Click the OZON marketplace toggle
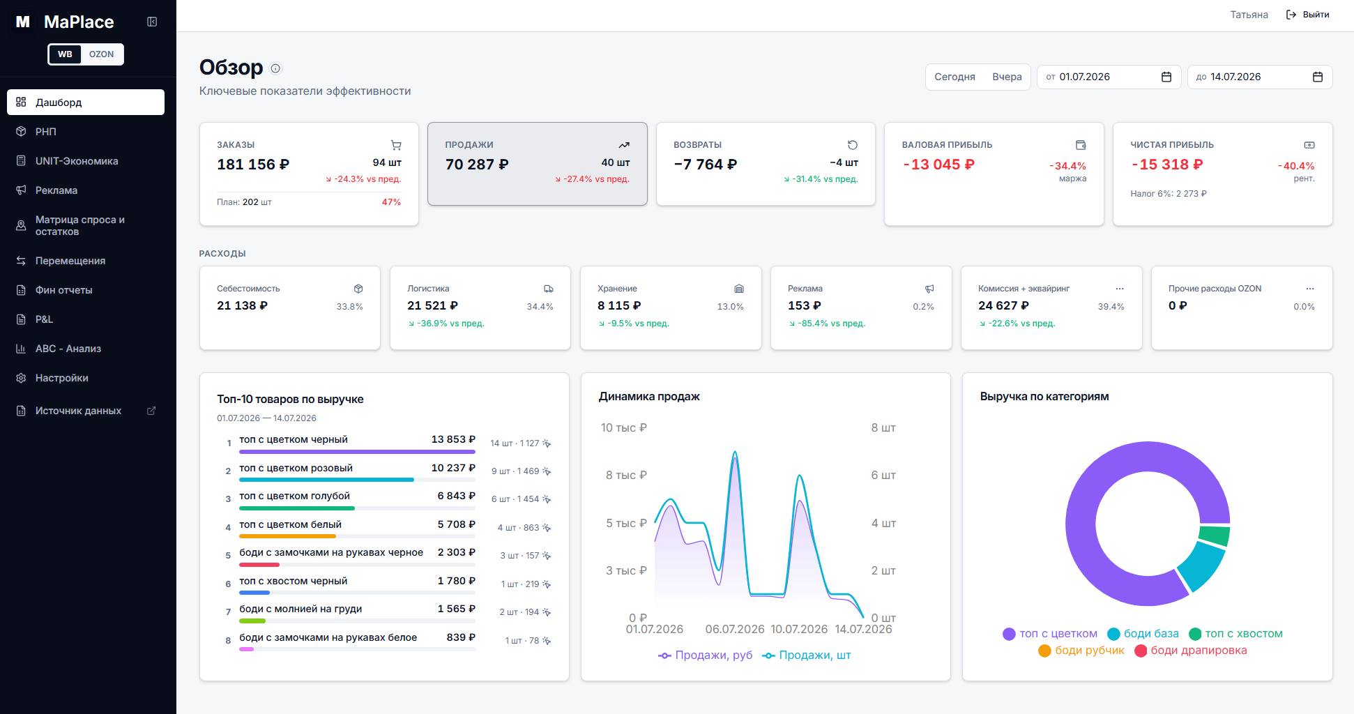click(101, 54)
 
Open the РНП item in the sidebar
click(46, 132)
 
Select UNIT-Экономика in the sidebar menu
click(77, 161)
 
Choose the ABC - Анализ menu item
click(68, 349)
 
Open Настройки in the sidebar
click(62, 378)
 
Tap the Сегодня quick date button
click(954, 77)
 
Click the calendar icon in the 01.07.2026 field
click(1166, 77)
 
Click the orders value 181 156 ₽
click(253, 165)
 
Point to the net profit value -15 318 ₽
click(1167, 165)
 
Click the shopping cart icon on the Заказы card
click(396, 145)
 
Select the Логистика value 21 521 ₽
click(432, 305)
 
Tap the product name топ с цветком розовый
click(296, 468)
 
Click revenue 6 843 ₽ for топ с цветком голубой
click(456, 496)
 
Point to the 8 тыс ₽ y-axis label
click(626, 476)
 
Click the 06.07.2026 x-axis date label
click(735, 629)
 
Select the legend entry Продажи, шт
click(807, 655)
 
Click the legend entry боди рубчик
click(1081, 651)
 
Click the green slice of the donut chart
click(1215, 536)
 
